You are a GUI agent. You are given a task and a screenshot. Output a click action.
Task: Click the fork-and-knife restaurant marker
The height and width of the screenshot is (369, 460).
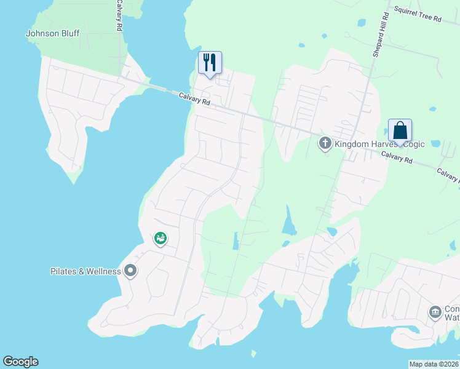click(210, 63)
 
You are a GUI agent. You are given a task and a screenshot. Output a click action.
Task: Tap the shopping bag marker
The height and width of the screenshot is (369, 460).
click(400, 131)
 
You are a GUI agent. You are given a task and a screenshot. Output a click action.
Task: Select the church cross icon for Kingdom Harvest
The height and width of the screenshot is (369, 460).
click(325, 144)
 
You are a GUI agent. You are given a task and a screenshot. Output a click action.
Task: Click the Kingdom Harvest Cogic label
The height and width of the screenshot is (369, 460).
click(367, 145)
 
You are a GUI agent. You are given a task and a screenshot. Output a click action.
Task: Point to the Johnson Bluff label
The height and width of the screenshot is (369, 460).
click(52, 33)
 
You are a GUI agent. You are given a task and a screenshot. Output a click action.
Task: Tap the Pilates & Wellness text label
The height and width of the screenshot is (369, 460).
click(85, 271)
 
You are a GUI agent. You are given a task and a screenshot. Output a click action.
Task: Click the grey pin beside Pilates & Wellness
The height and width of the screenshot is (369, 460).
click(130, 271)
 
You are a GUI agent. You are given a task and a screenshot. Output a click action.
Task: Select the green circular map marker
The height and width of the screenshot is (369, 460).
click(160, 238)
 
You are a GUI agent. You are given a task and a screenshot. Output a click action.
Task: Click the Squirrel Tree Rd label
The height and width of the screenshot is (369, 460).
click(418, 15)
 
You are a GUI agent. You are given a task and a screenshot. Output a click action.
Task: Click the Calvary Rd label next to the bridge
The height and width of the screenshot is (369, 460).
click(195, 99)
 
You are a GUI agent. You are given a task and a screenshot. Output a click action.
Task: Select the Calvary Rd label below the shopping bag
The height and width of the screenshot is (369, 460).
click(396, 158)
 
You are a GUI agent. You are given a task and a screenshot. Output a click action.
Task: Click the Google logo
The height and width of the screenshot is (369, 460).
click(20, 361)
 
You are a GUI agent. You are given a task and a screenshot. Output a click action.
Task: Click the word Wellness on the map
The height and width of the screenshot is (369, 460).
click(101, 271)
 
